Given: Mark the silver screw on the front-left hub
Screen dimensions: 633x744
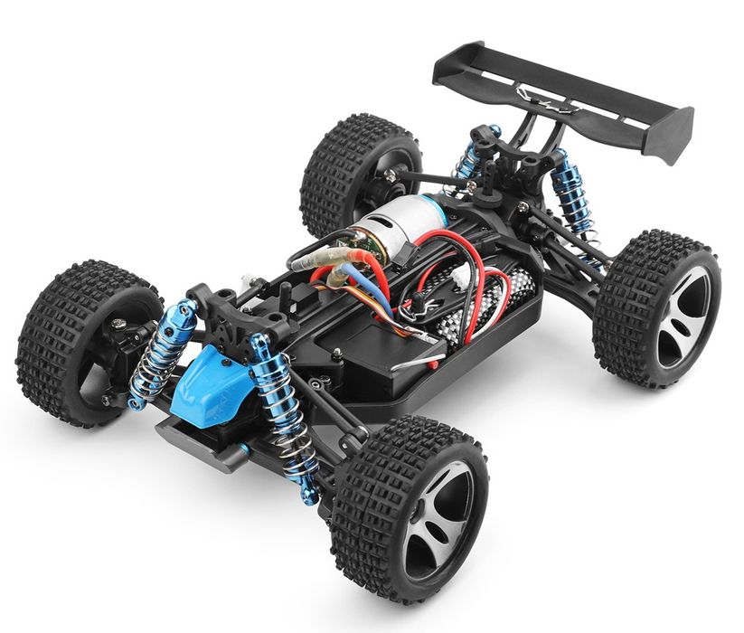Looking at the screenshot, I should click(x=118, y=320).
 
